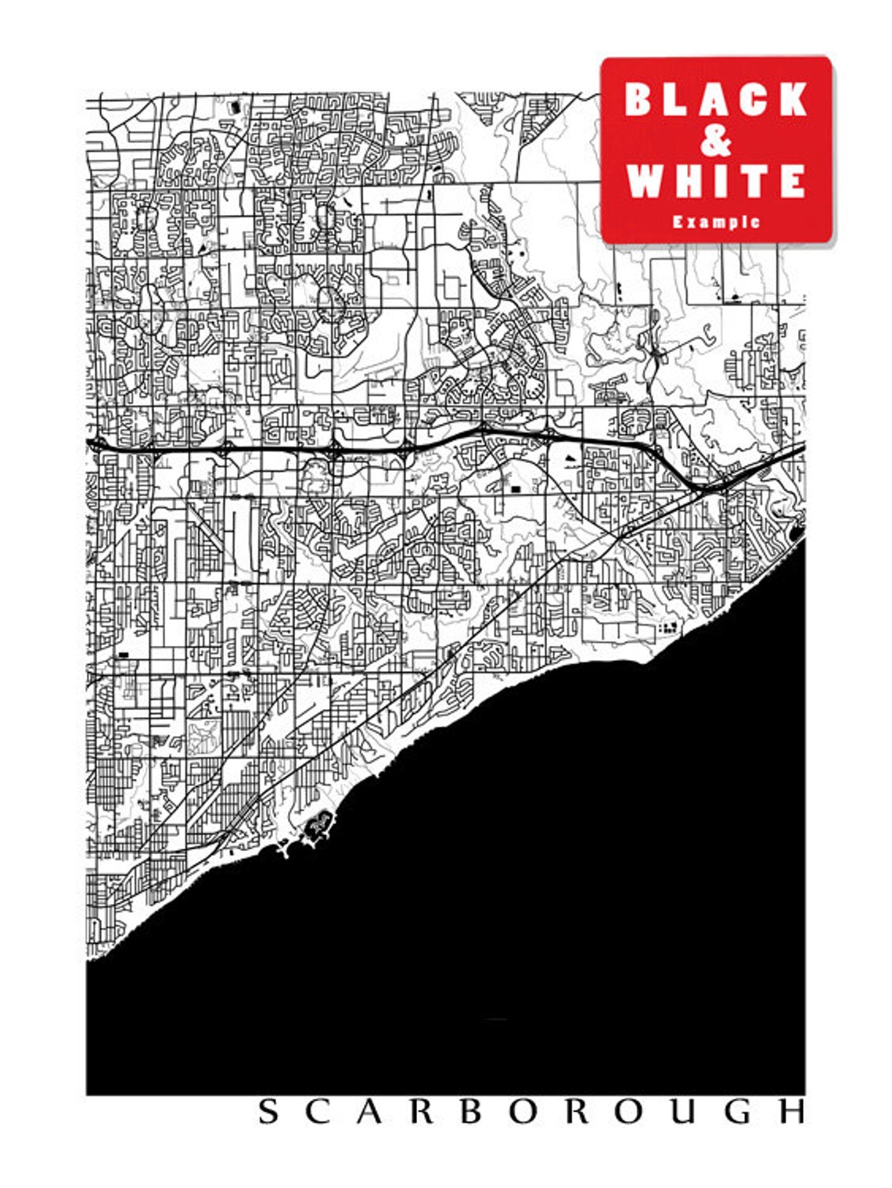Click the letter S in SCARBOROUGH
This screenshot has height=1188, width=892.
(268, 1111)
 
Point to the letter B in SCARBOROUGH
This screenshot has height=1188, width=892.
(470, 1111)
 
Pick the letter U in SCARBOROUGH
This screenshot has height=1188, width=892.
(680, 1111)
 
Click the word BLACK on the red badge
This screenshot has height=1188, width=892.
(716, 99)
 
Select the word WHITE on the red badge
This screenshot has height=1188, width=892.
(716, 181)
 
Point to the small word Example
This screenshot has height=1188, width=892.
(716, 221)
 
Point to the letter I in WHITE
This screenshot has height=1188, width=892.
(723, 181)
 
